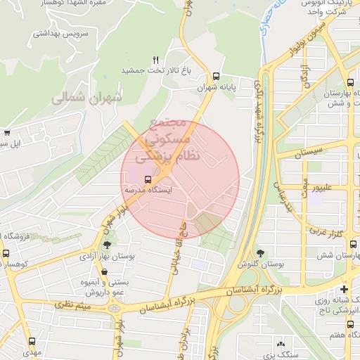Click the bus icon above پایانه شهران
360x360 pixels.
tap(216, 76)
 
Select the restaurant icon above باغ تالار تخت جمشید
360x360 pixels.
tap(156, 59)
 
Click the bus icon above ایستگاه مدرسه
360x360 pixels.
tap(148, 179)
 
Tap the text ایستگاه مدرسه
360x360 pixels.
tap(148, 190)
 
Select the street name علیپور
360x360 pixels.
tap(333, 188)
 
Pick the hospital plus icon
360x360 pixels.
tap(343, 289)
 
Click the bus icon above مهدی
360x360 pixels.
tap(31, 341)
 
